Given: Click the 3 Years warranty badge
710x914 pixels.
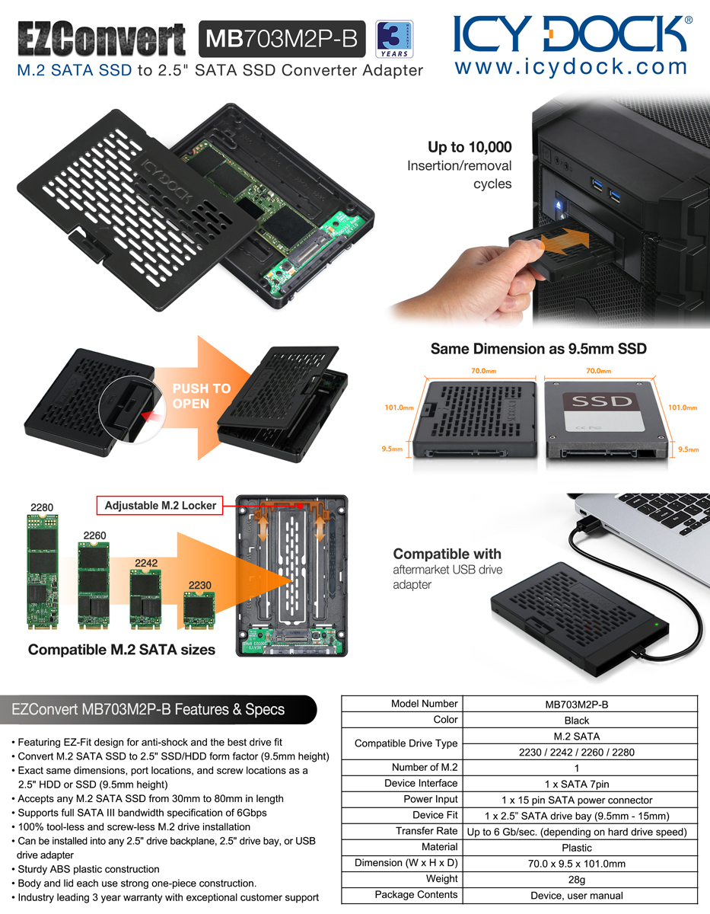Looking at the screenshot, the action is [x=394, y=39].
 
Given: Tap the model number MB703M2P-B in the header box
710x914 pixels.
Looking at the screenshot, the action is [x=282, y=39].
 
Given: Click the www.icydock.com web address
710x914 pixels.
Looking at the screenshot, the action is [x=571, y=68].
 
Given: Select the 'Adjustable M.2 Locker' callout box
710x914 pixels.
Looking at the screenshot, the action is [x=160, y=505].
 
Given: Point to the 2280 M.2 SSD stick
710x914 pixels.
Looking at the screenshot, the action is [x=43, y=572].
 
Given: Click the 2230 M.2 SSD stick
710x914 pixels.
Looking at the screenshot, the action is [x=199, y=610].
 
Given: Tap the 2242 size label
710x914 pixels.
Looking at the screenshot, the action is [x=146, y=563].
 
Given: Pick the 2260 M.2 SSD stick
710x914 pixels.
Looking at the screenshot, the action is [x=94, y=586].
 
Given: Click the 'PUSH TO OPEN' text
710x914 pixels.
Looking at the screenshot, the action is [x=202, y=396].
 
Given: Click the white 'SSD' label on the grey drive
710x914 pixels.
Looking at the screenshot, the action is [x=602, y=401].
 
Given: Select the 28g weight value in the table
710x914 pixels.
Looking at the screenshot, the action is [x=576, y=880].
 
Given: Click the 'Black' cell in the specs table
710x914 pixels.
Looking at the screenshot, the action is [x=576, y=721].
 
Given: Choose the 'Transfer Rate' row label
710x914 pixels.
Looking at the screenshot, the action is [x=426, y=831].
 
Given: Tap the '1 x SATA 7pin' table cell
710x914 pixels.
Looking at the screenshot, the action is [x=576, y=784].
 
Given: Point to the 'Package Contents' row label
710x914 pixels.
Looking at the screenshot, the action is [x=416, y=894].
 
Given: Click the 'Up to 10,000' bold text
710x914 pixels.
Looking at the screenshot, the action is [x=470, y=147].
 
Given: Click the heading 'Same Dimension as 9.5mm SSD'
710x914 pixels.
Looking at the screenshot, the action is [x=539, y=349].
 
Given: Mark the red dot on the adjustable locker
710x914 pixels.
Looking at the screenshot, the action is [x=300, y=506].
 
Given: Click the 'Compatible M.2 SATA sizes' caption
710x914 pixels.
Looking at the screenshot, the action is [x=122, y=650].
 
